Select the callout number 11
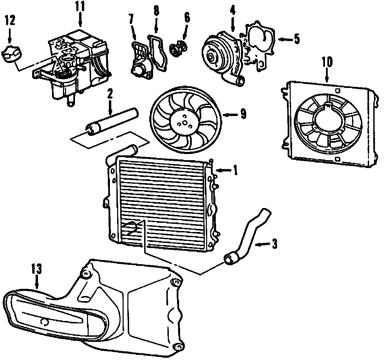pyautogui.click(x=80, y=6)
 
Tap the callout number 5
pyautogui.click(x=296, y=39)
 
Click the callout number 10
pyautogui.click(x=327, y=62)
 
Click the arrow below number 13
pyautogui.click(x=37, y=283)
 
